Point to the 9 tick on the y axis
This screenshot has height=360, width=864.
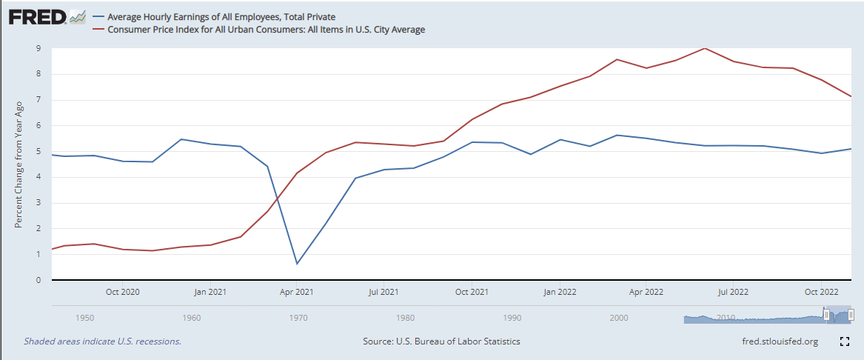coord(38,49)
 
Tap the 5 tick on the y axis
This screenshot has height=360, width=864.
coord(38,152)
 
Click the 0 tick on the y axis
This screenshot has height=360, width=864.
coord(38,281)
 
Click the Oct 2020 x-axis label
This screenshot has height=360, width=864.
coord(122,292)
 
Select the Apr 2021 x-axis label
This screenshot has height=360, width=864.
coord(296,292)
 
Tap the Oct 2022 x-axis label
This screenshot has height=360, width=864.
coord(821,292)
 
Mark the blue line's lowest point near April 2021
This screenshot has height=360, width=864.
coord(297,264)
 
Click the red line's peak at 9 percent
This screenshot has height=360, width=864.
coord(705,48)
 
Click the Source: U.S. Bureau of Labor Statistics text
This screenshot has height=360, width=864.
coord(441,341)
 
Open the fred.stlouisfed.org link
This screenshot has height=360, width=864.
coord(780,341)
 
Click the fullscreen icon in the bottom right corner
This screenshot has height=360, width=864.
coord(844,341)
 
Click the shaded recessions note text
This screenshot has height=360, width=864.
coord(102,341)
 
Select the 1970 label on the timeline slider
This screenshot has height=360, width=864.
coord(298,318)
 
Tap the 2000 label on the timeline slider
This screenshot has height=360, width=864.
coord(619,318)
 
